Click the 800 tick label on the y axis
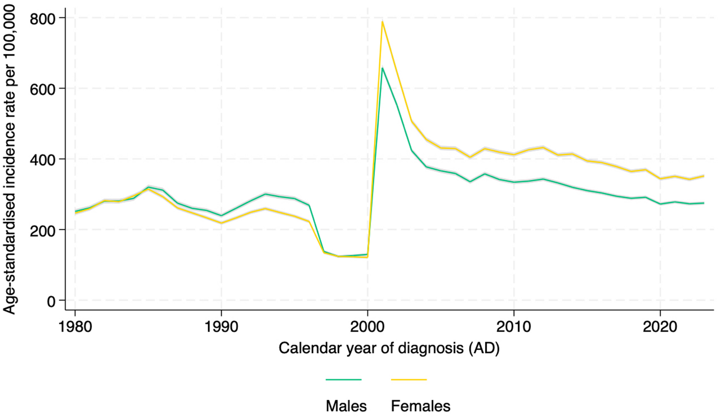tap(42, 19)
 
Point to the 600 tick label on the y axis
tap(42, 89)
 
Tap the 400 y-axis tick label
tap(42, 160)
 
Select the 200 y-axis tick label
tap(42, 230)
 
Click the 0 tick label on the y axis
tap(51, 301)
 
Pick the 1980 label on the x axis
tap(75, 327)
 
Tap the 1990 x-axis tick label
tap(221, 327)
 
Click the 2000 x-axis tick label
tap(367, 327)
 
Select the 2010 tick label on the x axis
tap(514, 327)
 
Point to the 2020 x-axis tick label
tap(660, 327)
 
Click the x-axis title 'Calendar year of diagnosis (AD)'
tap(389, 348)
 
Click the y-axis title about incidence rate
tap(9, 159)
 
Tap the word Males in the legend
tap(346, 406)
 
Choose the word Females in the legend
tap(421, 406)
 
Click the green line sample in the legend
tap(343, 380)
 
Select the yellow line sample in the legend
tap(409, 380)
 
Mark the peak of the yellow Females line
tap(383, 22)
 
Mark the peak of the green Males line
tap(383, 68)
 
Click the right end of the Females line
tap(704, 176)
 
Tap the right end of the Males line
tap(704, 203)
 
